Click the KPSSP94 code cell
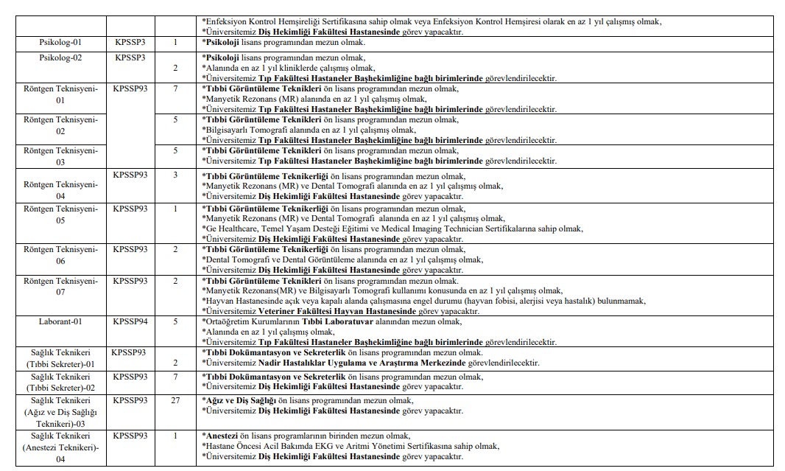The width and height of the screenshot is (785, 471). (130, 321)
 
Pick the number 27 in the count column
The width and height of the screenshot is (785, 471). (175, 400)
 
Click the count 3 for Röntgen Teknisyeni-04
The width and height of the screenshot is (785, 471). (175, 175)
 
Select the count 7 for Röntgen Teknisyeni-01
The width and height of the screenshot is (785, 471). (175, 88)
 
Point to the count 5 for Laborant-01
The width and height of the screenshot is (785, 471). (175, 321)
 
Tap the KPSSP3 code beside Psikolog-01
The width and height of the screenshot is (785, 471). (130, 43)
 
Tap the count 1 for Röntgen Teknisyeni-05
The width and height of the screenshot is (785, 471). (175, 209)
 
